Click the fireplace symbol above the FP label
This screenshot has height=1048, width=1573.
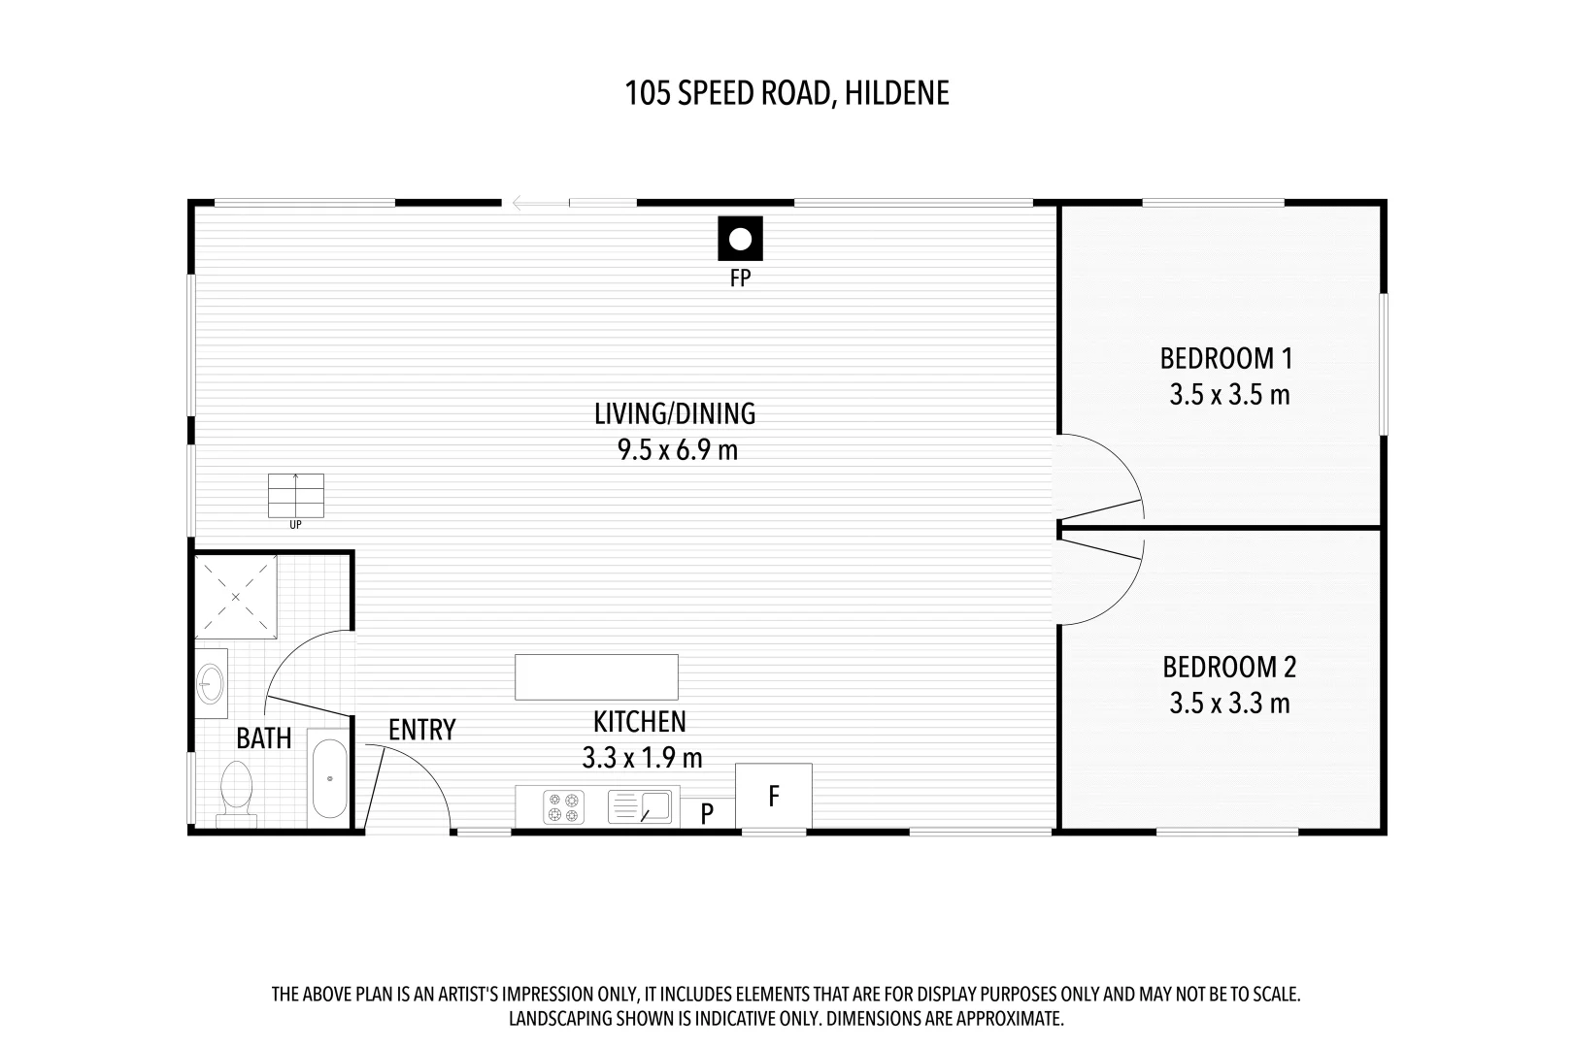pos(740,239)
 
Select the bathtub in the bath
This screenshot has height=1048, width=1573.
pos(329,778)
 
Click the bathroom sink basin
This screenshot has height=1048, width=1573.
pos(210,683)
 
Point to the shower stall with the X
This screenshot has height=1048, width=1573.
pos(235,597)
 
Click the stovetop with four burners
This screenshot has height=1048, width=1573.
pos(564,807)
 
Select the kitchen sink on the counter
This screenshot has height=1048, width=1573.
pos(640,806)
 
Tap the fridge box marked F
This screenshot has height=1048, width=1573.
pos(774,796)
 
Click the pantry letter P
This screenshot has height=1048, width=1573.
pos(707,813)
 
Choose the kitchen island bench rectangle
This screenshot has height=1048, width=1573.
pos(597,677)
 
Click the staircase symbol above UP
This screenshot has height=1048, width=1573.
pos(295,496)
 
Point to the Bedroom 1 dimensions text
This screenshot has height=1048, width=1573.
pos(1229,395)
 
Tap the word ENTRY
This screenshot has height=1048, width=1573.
pos(422,730)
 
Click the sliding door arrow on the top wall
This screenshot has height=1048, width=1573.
pos(540,204)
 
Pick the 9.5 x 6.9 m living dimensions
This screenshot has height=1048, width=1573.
pos(678,450)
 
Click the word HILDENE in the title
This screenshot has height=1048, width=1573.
pos(897,93)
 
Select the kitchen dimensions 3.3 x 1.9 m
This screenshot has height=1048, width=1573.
pos(642,758)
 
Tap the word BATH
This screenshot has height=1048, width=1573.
pos(263,738)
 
